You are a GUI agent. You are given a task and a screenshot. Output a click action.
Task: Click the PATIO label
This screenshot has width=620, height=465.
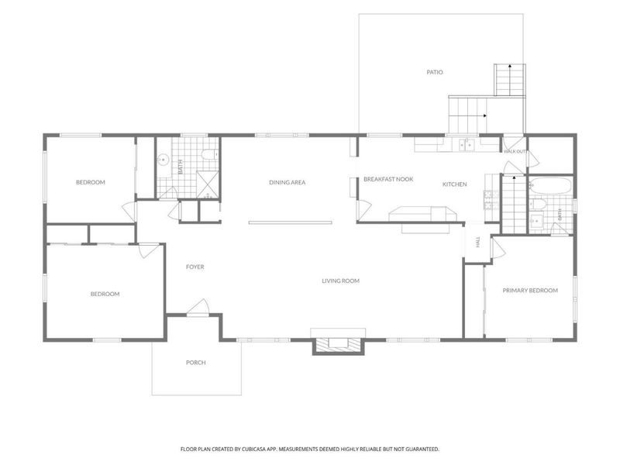pos(435,72)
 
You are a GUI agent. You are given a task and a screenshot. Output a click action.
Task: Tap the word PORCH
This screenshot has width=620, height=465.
pos(196,363)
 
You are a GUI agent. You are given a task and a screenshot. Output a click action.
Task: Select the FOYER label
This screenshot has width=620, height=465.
pos(195,267)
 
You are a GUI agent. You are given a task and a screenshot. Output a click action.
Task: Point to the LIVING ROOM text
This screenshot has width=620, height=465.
pos(340,281)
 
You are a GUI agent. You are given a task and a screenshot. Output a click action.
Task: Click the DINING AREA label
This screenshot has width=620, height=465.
pos(287,182)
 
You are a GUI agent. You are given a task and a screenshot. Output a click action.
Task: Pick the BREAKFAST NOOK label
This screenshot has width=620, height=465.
pos(388,179)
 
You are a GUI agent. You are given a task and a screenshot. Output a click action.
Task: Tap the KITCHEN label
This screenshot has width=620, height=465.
pos(454,184)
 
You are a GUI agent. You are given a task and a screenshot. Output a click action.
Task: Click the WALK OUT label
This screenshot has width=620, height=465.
pos(515,151)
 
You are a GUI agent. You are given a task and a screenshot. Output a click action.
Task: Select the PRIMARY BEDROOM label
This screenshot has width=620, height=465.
pos(530,290)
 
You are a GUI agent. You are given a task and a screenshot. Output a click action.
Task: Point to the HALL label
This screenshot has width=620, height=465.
pos(478,242)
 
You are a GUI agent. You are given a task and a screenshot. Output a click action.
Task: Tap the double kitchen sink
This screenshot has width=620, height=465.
pos(467,145)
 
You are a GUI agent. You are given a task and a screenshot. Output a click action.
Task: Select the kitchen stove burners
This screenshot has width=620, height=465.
pos(491,205)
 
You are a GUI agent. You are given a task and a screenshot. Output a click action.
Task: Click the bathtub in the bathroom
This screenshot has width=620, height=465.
pos(550,186)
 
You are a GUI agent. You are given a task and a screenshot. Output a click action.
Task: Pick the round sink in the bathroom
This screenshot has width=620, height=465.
pos(163,160)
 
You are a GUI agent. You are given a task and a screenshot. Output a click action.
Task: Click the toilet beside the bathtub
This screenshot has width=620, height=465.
pos(537,204)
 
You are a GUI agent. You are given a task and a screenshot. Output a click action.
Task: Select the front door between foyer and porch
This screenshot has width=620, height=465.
pos(198,308)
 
